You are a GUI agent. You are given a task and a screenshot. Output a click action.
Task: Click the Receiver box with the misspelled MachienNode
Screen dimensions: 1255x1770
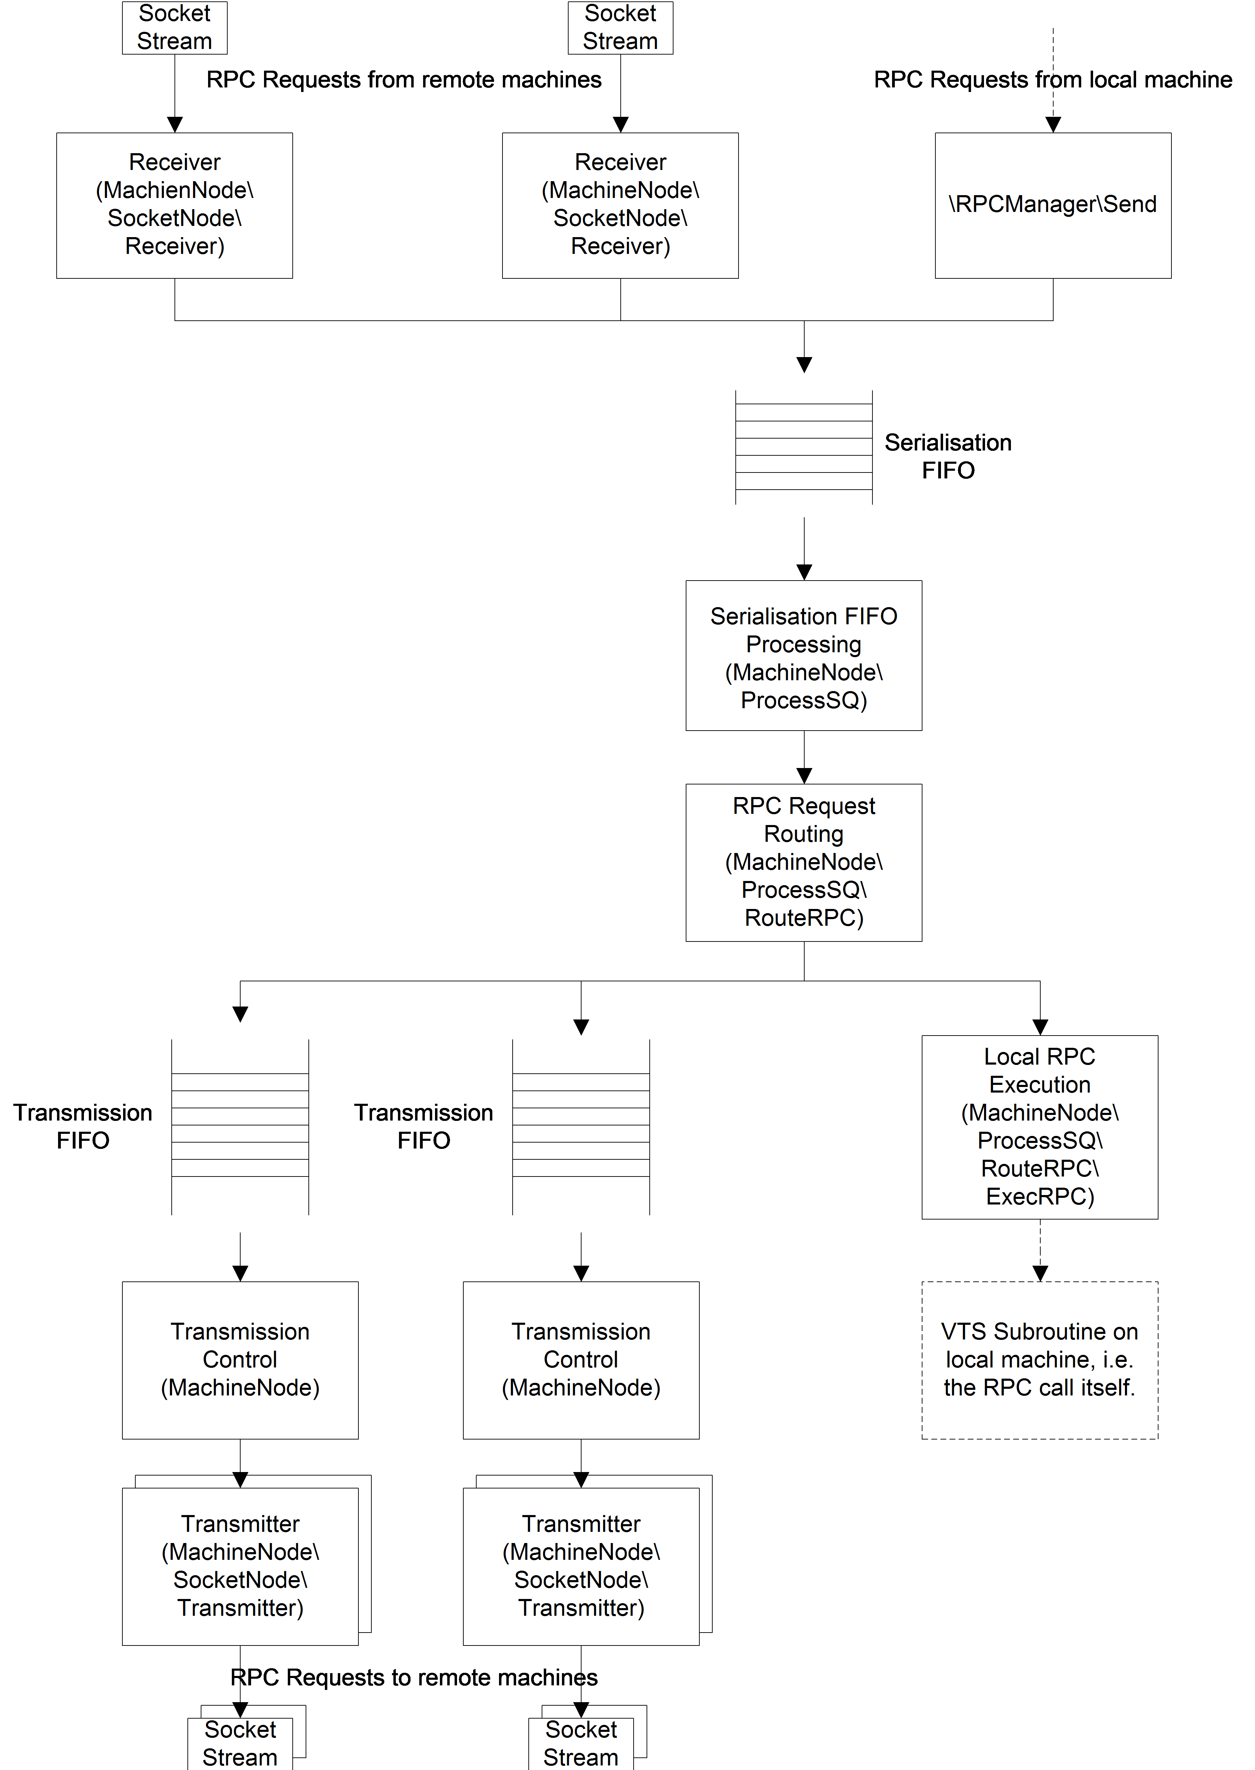(x=174, y=206)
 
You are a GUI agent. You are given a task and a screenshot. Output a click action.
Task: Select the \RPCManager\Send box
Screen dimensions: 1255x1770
(x=1053, y=206)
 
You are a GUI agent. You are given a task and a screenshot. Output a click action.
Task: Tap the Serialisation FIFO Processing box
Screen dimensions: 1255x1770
(x=804, y=655)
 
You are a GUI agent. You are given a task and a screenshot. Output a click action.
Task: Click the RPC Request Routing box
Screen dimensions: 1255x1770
(x=804, y=862)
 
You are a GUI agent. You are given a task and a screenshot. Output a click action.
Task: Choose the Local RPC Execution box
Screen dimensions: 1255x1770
(x=1040, y=1127)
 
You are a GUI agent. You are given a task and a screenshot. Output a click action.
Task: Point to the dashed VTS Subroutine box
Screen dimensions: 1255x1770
(x=1040, y=1360)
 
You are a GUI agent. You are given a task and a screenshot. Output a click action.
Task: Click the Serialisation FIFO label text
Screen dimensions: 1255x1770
(x=948, y=456)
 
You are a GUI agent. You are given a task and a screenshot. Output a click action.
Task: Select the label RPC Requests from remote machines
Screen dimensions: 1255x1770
(x=404, y=80)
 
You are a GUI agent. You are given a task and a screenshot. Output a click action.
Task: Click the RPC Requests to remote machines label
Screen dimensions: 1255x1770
(x=414, y=1677)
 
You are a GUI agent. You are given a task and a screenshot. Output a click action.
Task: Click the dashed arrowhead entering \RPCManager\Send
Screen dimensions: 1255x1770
(x=1053, y=125)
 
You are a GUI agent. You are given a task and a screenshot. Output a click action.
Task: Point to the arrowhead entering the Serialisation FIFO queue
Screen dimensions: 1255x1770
(x=805, y=365)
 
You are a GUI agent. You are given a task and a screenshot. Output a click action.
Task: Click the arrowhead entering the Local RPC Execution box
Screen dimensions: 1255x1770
(x=1040, y=1027)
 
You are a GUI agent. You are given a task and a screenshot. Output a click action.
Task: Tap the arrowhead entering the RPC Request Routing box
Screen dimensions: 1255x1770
(x=805, y=776)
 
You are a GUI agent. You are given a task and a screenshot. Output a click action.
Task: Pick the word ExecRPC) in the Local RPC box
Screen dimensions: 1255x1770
(x=1040, y=1196)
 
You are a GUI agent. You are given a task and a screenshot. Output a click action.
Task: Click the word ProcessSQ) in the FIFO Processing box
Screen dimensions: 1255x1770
(x=804, y=700)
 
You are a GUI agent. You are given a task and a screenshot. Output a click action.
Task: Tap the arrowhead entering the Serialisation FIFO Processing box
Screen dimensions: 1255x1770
(x=805, y=572)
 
